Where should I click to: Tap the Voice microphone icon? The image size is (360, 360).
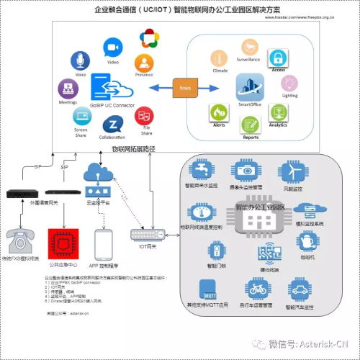(x=80, y=61)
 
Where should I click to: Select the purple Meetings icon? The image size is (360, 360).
(x=67, y=89)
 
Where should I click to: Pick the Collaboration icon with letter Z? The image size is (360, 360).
(x=112, y=123)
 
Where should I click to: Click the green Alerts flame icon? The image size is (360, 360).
(x=219, y=112)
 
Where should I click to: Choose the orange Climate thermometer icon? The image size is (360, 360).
(x=219, y=58)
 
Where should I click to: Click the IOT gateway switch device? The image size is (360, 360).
(x=146, y=235)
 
